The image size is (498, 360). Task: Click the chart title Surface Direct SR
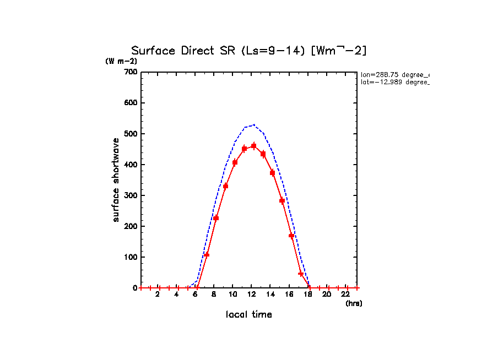248,51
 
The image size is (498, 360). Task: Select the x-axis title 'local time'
248,314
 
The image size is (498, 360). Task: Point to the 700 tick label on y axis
131,72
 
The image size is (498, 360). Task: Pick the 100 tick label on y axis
131,257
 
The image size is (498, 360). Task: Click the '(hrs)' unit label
354,303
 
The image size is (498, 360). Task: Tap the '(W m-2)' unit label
121,62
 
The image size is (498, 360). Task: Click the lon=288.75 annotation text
394,74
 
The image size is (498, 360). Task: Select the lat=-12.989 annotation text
394,82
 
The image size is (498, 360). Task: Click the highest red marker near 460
253,146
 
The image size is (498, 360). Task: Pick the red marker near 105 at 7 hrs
207,255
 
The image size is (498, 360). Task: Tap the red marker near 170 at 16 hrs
291,236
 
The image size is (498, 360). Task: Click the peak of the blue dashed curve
253,124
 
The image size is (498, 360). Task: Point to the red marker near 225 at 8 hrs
216,218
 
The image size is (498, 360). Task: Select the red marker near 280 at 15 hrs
282,200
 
